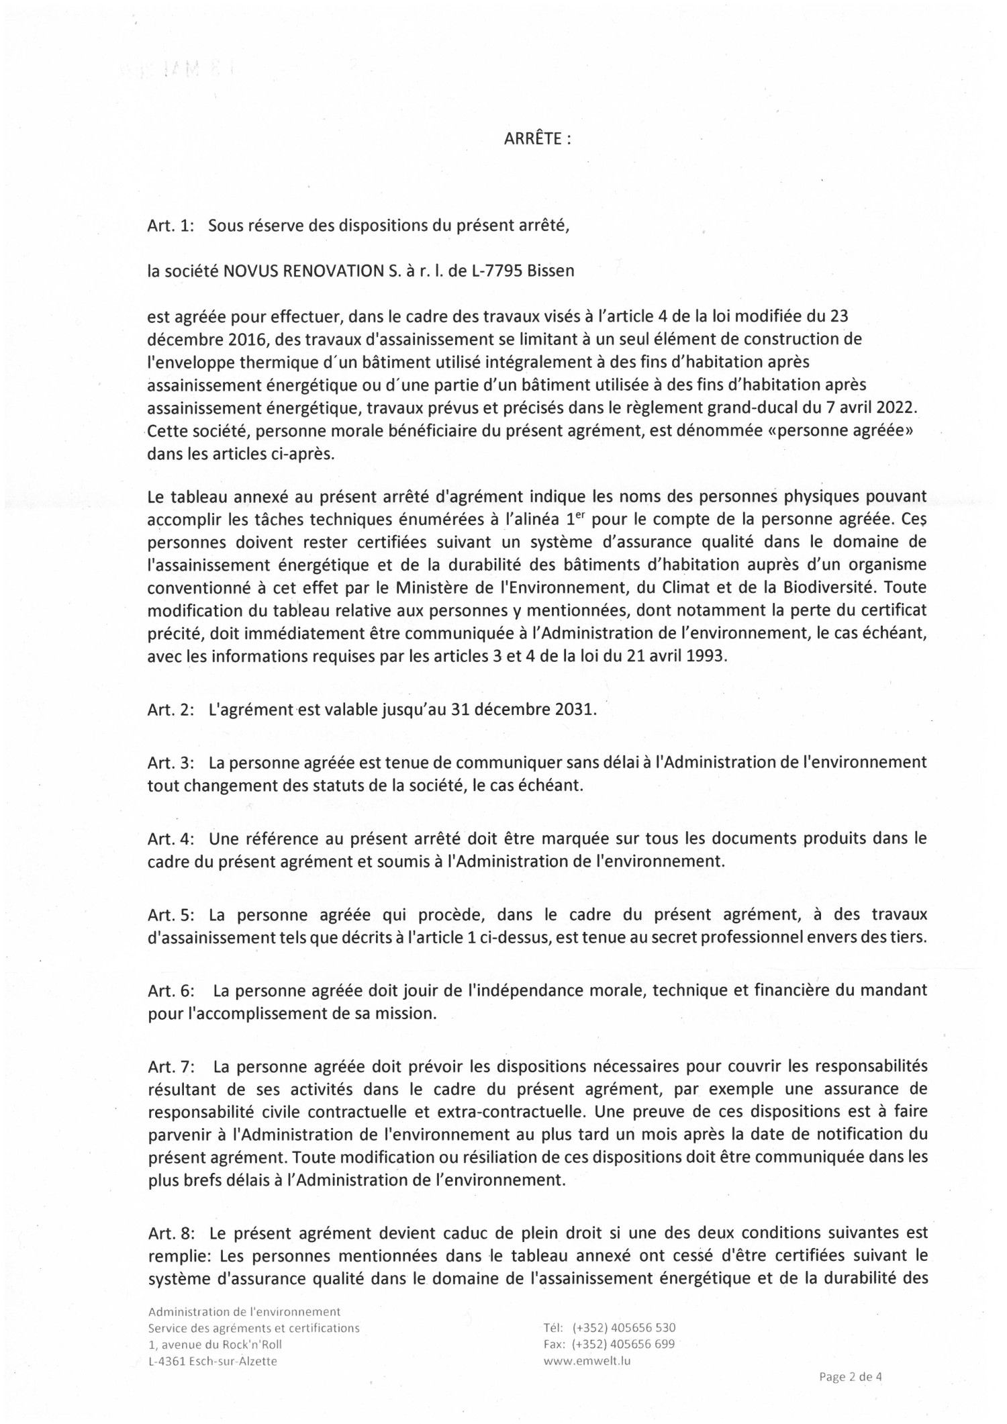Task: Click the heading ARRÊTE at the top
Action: point(536,140)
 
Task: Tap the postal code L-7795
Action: point(495,271)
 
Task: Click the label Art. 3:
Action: point(171,762)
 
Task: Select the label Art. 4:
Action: point(171,838)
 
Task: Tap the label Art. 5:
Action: point(171,914)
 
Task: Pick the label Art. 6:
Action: point(171,990)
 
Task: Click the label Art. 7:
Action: point(171,1065)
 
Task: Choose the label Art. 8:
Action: point(171,1233)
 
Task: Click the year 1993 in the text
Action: point(707,656)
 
